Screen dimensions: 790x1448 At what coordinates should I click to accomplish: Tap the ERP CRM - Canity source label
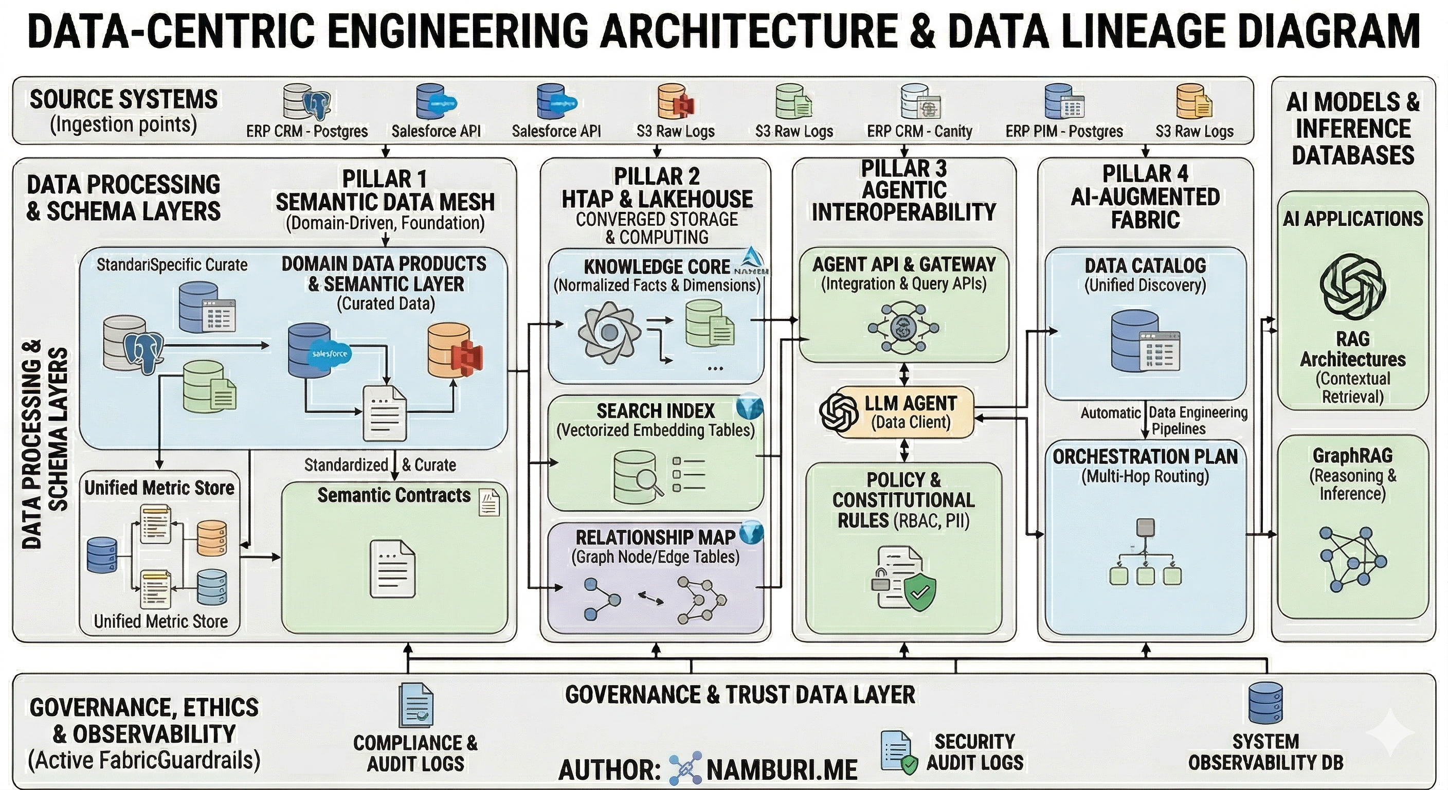919,131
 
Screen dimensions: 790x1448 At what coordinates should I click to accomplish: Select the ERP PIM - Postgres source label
1063,131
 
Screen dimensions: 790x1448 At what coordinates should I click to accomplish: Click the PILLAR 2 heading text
657,176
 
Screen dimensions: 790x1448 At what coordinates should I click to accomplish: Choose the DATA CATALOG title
1145,265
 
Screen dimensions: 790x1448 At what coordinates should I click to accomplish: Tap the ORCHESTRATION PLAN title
1145,457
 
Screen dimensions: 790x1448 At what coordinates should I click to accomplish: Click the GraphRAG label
1352,455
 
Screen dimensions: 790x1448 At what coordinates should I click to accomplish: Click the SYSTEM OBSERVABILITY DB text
1265,752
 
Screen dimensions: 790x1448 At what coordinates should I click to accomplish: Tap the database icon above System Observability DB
1265,703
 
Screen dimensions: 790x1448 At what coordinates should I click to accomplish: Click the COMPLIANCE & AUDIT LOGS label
415,753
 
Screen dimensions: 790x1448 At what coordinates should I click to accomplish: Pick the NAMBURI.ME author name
782,770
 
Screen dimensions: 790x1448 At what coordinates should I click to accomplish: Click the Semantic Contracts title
393,495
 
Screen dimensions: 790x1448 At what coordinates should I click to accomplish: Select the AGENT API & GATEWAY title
904,264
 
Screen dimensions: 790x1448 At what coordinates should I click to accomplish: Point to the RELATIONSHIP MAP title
655,537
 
